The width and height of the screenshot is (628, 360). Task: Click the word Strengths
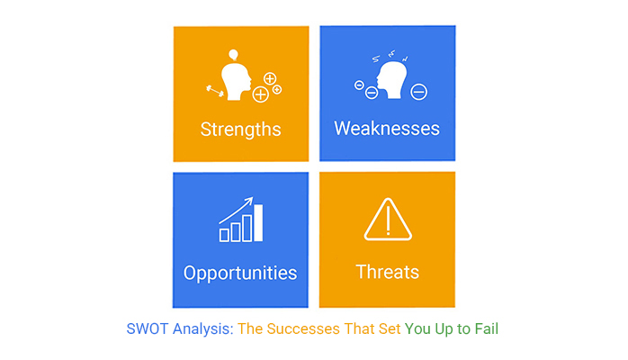(240, 130)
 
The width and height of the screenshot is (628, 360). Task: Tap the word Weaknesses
(387, 129)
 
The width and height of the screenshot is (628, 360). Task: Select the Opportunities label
(240, 274)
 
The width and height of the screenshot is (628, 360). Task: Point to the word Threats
(387, 272)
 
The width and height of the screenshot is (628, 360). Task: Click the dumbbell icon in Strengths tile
(215, 91)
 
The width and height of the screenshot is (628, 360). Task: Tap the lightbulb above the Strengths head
(234, 55)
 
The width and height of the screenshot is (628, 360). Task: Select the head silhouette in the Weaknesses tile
(391, 80)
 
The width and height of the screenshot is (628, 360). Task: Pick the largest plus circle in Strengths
(260, 94)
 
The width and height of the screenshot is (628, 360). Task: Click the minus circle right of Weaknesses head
(419, 92)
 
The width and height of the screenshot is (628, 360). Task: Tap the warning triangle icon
(388, 220)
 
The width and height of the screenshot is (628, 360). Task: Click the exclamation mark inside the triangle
(388, 220)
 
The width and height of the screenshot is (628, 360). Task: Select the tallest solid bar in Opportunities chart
(258, 223)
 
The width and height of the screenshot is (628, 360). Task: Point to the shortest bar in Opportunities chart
(224, 235)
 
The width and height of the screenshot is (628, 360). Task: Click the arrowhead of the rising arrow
(250, 200)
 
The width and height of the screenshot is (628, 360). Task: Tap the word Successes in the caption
(303, 329)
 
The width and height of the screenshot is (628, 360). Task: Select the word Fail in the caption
(487, 329)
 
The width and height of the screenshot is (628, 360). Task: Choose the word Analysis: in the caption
(203, 329)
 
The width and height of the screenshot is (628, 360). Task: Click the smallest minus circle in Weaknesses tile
(359, 85)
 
